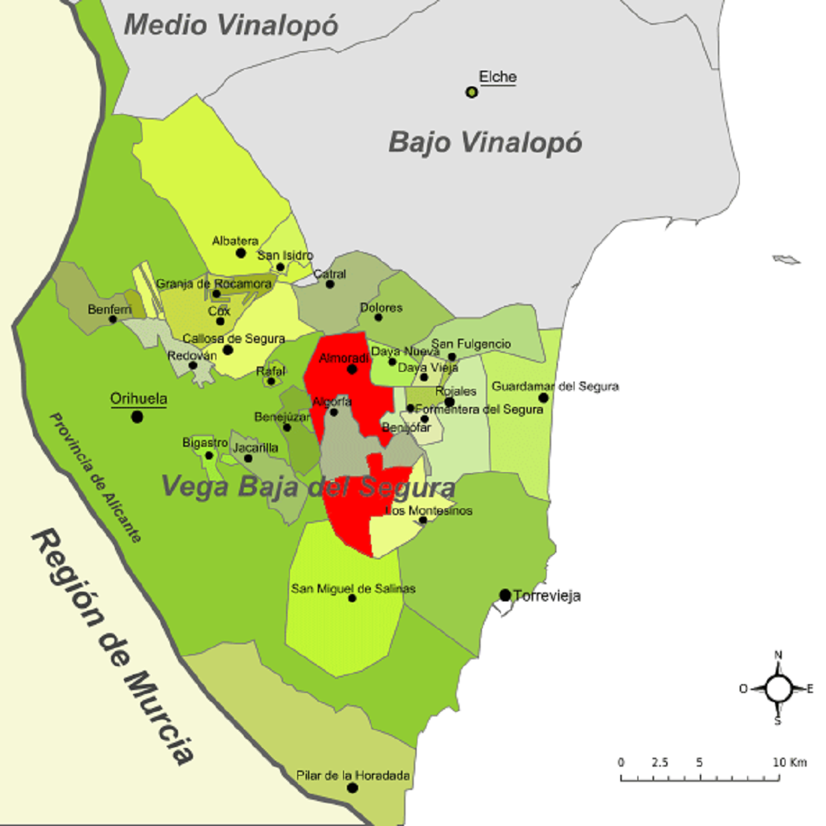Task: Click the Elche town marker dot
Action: tap(472, 92)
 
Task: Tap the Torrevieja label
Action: tap(547, 596)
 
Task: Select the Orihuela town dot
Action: tap(137, 416)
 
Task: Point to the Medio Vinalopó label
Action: tap(231, 25)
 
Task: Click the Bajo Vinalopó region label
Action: tap(485, 142)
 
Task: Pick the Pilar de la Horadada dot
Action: tap(352, 788)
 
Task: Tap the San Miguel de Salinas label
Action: tap(353, 589)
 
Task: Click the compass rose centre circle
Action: tap(779, 687)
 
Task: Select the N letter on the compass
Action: tap(779, 655)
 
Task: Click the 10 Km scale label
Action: tap(790, 762)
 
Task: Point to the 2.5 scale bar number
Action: tap(660, 762)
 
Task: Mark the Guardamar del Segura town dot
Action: tap(543, 397)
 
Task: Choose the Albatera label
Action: tap(235, 241)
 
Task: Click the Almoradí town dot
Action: tap(351, 369)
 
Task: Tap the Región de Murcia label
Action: tap(113, 646)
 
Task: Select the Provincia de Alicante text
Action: tap(95, 477)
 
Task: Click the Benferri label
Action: tap(110, 309)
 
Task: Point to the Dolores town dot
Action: tap(378, 318)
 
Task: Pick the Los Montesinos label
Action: tap(429, 511)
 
